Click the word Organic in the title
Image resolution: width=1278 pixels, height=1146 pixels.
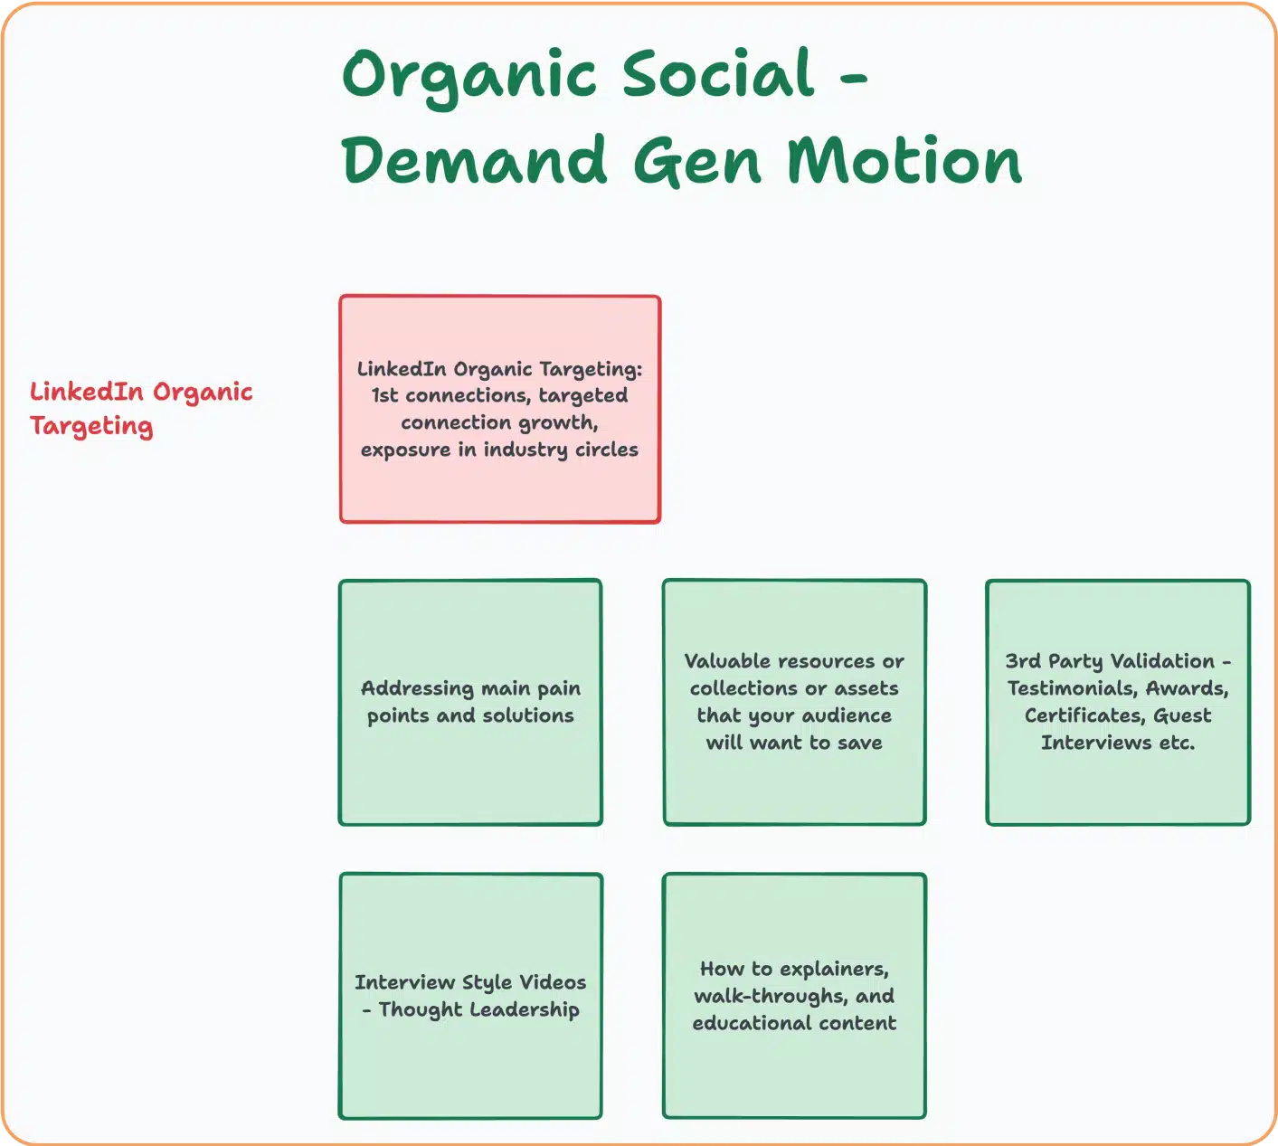[469, 75]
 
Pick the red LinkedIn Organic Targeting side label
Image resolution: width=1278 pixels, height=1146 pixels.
[140, 408]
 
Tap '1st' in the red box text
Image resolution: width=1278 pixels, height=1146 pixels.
[386, 395]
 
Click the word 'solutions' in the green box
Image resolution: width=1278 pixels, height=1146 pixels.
[528, 715]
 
